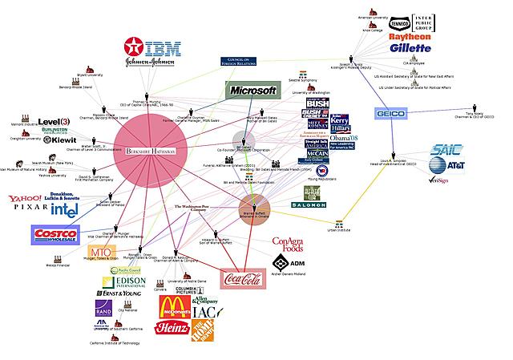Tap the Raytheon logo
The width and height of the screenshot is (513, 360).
tap(410, 36)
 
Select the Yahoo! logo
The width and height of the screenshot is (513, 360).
tap(26, 198)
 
